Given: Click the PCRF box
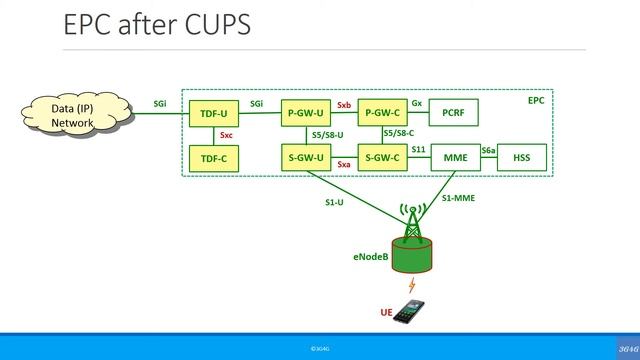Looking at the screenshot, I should [454, 114].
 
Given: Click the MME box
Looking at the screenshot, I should [455, 157].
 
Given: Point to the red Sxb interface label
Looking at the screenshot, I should [343, 104].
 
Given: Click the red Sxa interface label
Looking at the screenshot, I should [343, 164].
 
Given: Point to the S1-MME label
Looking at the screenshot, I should [460, 198].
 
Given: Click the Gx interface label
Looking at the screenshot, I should [416, 103].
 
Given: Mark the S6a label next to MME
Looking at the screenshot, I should [488, 150].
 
